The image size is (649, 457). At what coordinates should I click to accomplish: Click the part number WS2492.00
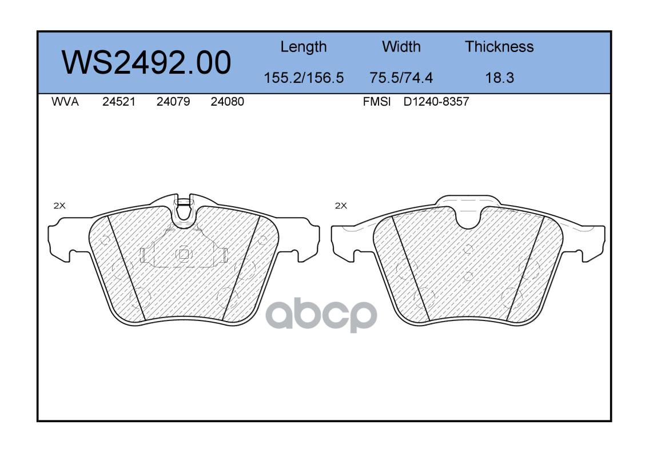(x=146, y=62)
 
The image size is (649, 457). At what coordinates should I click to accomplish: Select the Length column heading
(x=304, y=47)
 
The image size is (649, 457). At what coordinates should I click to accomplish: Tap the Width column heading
(x=401, y=46)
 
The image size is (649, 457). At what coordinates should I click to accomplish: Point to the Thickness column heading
(x=499, y=46)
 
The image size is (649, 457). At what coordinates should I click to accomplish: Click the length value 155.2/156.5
(x=304, y=78)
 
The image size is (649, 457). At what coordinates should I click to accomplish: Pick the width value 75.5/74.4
(x=401, y=78)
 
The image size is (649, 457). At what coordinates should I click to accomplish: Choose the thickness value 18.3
(x=500, y=78)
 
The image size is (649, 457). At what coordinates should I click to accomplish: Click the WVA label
(x=65, y=102)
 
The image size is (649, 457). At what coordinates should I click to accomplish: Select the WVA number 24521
(x=119, y=102)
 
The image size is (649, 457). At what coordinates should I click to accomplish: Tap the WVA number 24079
(x=173, y=102)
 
